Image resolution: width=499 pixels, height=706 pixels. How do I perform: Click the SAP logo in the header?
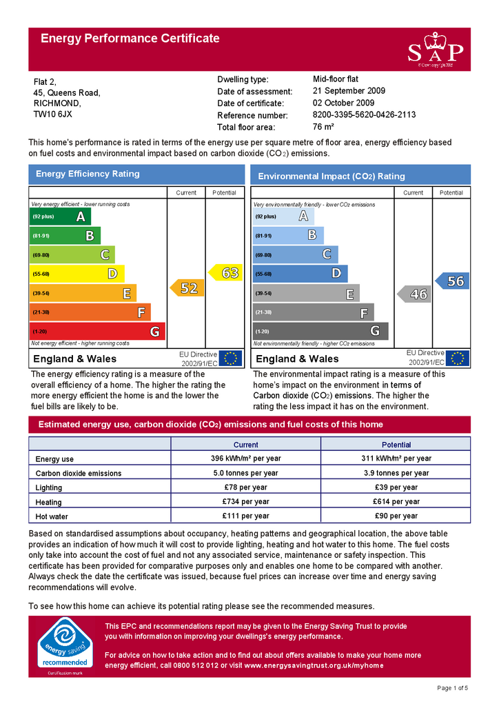[435, 50]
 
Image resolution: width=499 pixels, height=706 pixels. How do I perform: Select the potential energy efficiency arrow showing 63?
[227, 273]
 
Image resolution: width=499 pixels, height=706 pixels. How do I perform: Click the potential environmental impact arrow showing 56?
[452, 281]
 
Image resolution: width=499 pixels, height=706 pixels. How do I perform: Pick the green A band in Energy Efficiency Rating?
[61, 216]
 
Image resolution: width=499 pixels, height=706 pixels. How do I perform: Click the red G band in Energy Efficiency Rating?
[97, 332]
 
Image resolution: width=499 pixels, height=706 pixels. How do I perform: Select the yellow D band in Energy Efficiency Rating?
[77, 274]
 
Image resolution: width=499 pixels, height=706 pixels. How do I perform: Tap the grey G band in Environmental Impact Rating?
[320, 331]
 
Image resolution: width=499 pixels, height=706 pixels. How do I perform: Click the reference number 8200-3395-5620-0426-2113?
[364, 114]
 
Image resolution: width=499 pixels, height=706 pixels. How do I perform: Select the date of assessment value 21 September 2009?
[349, 91]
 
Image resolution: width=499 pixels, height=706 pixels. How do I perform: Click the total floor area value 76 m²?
[323, 127]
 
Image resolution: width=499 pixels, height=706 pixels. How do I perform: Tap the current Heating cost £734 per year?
[245, 502]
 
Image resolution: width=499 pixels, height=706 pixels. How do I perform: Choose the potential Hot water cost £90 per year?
[396, 516]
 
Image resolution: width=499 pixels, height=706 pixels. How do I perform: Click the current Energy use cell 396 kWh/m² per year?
[245, 458]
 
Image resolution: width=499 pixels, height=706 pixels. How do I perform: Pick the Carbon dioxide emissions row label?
[79, 474]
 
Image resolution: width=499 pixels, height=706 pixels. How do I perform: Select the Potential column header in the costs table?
[396, 445]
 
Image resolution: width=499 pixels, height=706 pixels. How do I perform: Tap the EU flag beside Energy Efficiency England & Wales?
[230, 359]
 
